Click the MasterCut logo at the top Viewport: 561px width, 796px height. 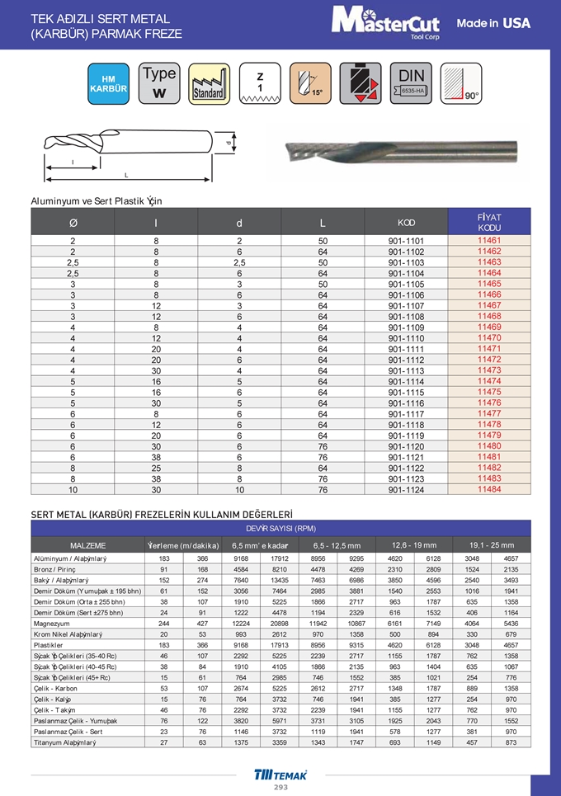point(386,22)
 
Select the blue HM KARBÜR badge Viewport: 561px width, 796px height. point(108,83)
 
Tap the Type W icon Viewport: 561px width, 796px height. point(159,83)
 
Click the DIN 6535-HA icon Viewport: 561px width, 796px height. point(410,83)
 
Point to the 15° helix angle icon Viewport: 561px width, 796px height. point(309,83)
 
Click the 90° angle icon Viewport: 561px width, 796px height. point(460,83)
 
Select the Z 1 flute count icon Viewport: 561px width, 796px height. point(260,83)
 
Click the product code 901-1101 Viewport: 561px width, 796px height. point(406,241)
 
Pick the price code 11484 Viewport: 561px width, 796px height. point(489,489)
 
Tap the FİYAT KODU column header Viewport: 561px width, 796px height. point(489,222)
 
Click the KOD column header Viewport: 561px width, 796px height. point(406,223)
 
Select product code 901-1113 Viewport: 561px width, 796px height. point(406,370)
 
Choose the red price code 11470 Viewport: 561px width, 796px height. point(489,337)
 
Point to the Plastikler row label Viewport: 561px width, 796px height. point(50,644)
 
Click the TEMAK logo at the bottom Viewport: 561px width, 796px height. point(280,775)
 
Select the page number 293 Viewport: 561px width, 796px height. point(280,788)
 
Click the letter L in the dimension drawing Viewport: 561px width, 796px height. point(126,176)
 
